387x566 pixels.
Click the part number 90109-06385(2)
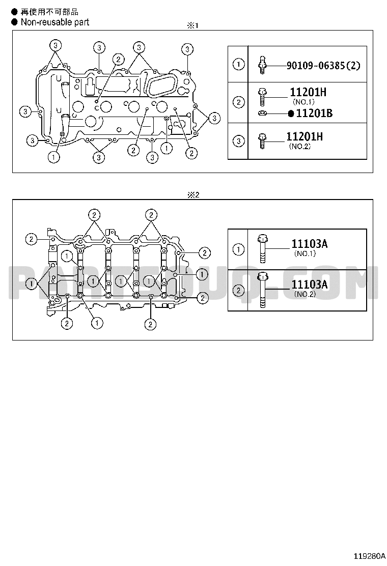click(323, 66)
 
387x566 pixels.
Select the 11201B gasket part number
click(314, 114)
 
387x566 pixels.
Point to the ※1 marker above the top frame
click(192, 25)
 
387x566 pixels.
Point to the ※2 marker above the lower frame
click(193, 195)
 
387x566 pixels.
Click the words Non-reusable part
click(55, 22)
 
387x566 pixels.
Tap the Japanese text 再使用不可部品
click(49, 12)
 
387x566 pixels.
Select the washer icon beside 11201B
click(262, 114)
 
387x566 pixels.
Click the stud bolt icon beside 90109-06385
click(262, 65)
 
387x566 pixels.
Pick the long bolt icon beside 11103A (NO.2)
click(262, 291)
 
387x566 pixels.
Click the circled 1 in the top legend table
click(238, 64)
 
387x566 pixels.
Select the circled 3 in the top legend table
click(238, 141)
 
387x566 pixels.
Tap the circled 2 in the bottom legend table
click(238, 290)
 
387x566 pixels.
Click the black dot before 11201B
click(291, 114)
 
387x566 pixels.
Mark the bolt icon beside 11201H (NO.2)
click(262, 141)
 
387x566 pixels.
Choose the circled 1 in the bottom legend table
click(238, 249)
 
